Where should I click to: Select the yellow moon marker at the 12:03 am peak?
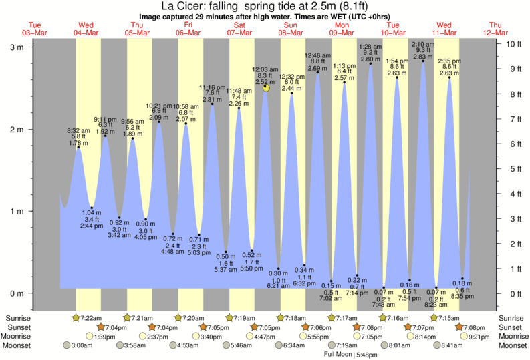pos(266,87)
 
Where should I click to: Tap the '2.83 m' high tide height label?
pos(423,57)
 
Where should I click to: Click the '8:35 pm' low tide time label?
pos(462,295)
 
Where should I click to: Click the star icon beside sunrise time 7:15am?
pos(434,317)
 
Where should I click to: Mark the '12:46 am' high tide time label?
pos(318,55)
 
